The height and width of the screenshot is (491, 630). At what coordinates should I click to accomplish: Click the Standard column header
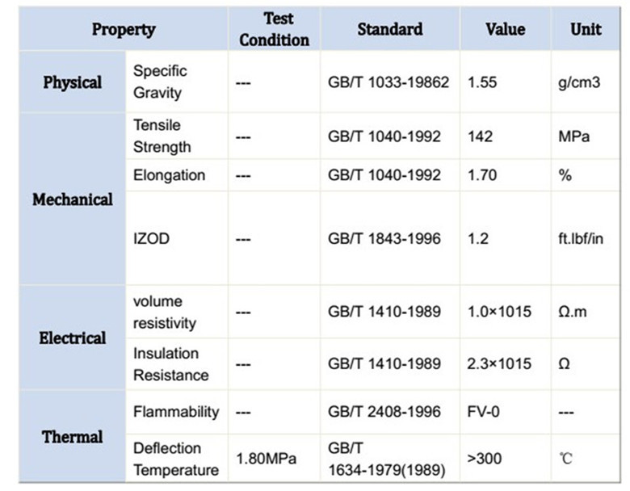coord(390,29)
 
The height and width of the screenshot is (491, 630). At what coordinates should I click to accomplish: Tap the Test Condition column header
coord(275,29)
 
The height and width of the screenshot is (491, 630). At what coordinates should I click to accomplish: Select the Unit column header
coord(586,29)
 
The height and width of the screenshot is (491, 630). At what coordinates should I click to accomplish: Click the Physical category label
coord(73,82)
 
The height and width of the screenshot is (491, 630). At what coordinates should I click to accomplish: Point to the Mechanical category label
coord(73,199)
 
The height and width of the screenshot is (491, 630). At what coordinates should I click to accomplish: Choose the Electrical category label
coord(73,338)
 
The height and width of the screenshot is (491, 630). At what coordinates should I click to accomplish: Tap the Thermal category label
coord(73,437)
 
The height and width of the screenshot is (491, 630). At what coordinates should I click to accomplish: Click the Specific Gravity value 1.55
coord(482,82)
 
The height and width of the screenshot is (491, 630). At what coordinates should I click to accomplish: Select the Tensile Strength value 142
coord(480,136)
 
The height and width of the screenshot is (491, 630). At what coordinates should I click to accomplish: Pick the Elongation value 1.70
coord(482,175)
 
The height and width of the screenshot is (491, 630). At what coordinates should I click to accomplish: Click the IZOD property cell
coord(151,239)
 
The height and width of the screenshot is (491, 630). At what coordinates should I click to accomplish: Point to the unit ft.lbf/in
coord(581,239)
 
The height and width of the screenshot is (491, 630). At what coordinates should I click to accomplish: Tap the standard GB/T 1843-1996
coord(384,239)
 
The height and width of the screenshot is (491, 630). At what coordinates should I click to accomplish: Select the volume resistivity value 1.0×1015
coord(499,312)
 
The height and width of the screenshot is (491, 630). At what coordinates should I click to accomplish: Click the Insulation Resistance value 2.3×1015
coord(499,364)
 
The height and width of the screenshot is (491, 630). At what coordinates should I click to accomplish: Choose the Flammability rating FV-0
coord(483,412)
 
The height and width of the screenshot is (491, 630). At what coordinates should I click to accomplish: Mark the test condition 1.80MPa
coord(266,459)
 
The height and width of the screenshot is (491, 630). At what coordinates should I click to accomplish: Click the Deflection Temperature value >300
coord(484,459)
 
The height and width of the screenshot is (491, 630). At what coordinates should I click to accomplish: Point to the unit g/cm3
coord(579,82)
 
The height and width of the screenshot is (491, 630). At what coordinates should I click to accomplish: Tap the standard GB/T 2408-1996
coord(384,412)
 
